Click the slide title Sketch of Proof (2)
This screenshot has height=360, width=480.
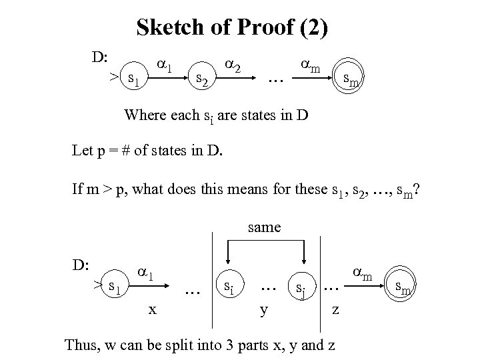click(231, 27)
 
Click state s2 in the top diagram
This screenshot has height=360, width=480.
click(201, 81)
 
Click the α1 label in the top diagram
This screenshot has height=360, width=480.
click(165, 67)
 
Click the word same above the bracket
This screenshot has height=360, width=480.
click(264, 227)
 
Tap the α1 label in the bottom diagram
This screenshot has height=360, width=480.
click(147, 273)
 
